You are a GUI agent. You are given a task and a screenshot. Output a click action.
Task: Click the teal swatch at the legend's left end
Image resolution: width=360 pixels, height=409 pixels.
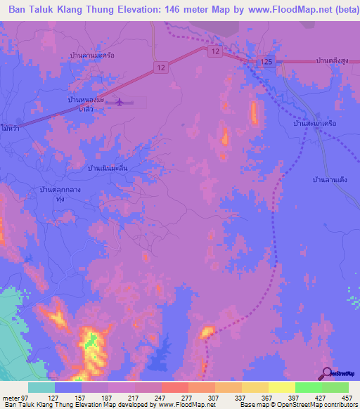point(41,387)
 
